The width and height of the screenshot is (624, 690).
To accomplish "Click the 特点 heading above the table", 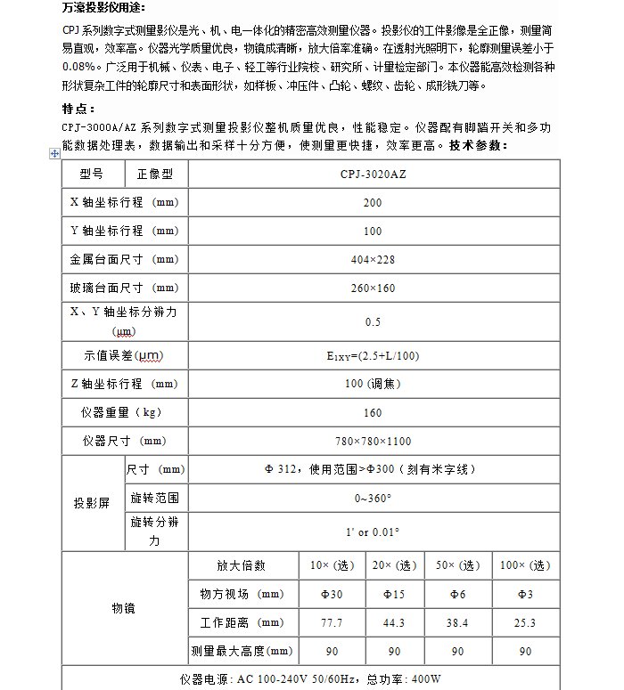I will (x=79, y=109).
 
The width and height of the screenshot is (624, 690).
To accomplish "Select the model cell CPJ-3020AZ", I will (x=374, y=174).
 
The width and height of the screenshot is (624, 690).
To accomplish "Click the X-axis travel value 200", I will (x=374, y=202).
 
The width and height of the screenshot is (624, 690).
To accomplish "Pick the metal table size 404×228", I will (x=374, y=260).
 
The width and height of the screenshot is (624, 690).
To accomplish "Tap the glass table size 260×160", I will (x=374, y=288).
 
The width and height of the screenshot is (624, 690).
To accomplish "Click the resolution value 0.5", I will (x=374, y=321).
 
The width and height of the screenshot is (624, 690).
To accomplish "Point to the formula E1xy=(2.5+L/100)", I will (x=374, y=356).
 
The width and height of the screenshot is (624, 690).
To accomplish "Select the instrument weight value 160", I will (x=374, y=412).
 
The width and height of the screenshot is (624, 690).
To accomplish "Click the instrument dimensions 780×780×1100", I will (x=374, y=441).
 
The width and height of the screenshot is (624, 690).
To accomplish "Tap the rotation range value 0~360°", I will (x=374, y=498).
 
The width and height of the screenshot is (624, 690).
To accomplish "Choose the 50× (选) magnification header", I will (x=456, y=565).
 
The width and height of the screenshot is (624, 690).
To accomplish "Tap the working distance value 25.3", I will (x=525, y=622).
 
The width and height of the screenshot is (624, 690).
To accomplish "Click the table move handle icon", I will (x=54, y=154).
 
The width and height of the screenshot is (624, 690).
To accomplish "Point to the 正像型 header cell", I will (x=155, y=174).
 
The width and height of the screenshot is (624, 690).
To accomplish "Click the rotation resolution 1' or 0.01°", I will (x=374, y=532).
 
